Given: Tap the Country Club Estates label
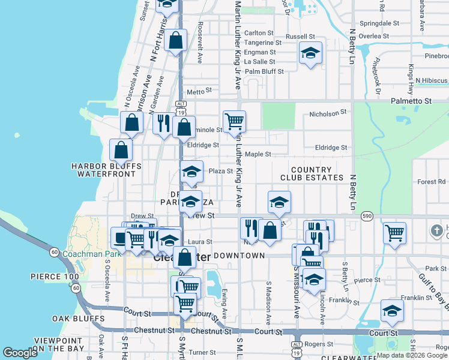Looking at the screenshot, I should [x=312, y=173].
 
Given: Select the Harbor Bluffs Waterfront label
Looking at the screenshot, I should [x=106, y=170].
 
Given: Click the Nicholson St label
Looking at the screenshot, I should [x=328, y=113].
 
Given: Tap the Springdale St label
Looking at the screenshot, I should [x=380, y=23].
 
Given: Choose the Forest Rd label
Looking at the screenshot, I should [x=432, y=181].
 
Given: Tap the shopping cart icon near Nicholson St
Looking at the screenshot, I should [x=234, y=121].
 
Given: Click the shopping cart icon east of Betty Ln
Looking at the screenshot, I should [x=394, y=232].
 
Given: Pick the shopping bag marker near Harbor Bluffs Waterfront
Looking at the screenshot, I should [x=121, y=150].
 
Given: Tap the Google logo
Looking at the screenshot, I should [x=20, y=353].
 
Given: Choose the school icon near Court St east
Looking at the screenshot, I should [x=392, y=310].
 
